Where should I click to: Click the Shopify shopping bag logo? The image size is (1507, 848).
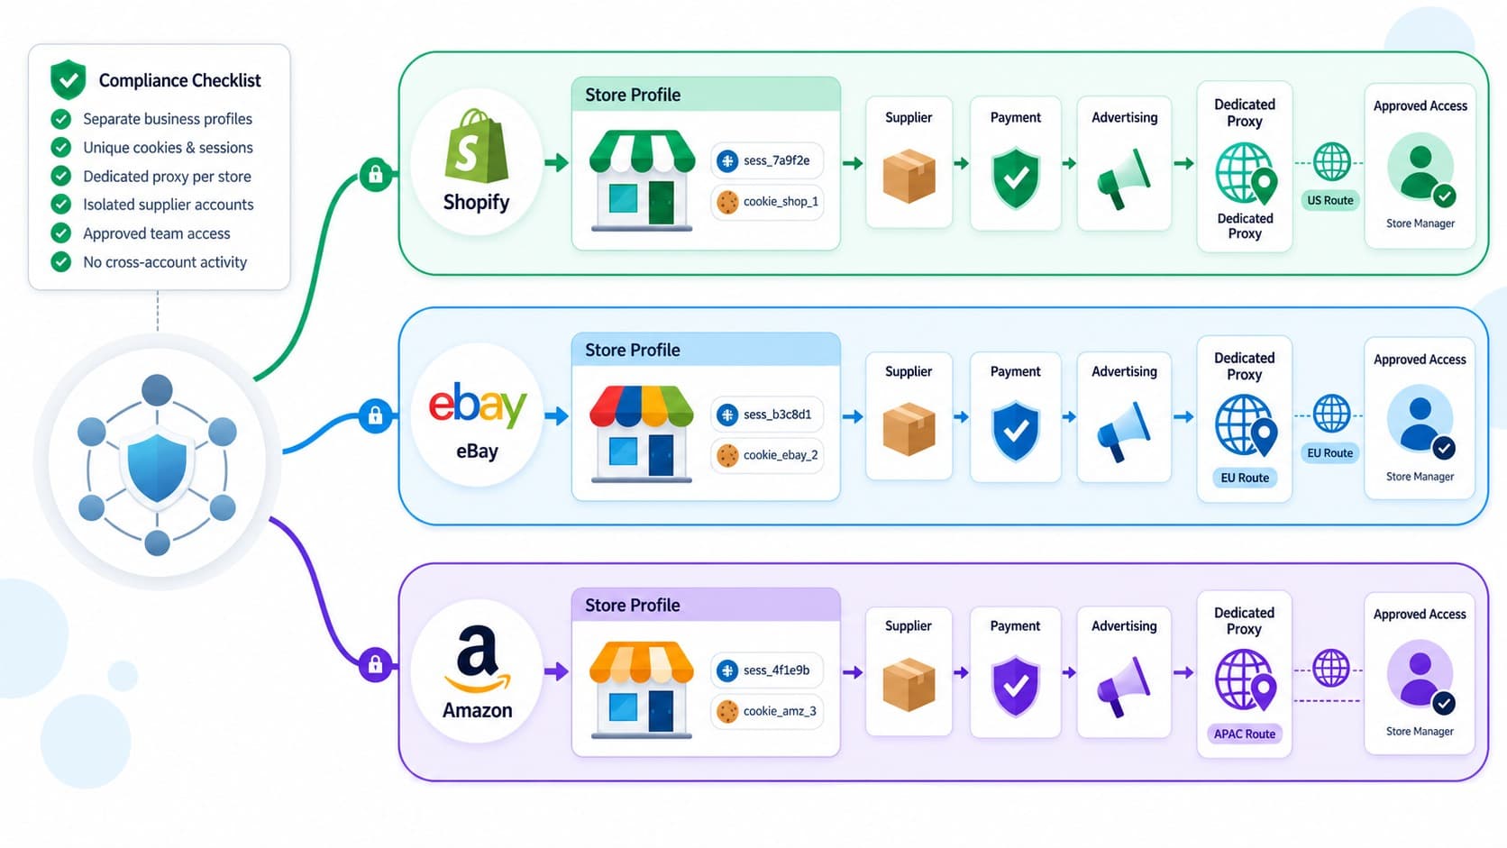(x=476, y=146)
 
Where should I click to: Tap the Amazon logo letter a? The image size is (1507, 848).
(x=477, y=651)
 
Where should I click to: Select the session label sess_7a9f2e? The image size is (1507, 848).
(x=776, y=160)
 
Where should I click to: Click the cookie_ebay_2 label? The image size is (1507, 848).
(x=781, y=455)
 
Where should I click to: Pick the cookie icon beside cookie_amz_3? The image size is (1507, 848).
(x=727, y=712)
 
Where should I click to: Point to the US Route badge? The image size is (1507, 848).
(x=1330, y=200)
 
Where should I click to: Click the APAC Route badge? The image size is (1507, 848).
(x=1245, y=734)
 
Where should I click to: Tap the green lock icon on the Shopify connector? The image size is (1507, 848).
(x=376, y=175)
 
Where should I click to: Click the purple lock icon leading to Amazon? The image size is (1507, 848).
(x=376, y=665)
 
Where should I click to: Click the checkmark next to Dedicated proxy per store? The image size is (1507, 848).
(x=61, y=177)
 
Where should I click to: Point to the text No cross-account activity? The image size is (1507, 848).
(x=165, y=262)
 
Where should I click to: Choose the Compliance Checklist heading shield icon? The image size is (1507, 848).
(x=68, y=79)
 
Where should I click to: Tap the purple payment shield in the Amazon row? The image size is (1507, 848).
(x=1016, y=686)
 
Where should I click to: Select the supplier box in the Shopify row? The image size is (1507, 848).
(x=909, y=177)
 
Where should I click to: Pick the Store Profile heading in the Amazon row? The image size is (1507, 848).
(x=633, y=606)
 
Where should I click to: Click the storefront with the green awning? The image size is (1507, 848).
(x=642, y=180)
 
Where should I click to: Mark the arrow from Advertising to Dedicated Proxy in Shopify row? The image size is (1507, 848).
(x=1184, y=163)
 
